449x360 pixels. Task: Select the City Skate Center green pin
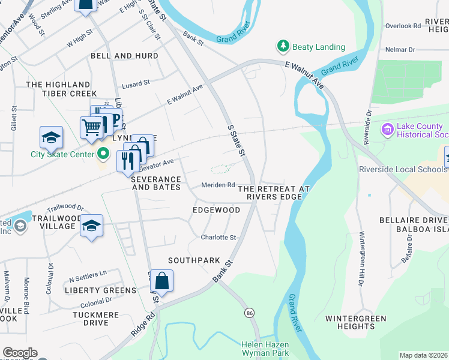pos(103,154)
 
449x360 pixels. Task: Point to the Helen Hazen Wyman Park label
pos(265,349)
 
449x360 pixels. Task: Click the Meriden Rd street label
pos(217,185)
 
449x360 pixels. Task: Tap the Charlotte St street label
pos(218,238)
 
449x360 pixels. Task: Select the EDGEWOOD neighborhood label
pos(216,210)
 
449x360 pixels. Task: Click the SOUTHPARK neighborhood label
pos(190,260)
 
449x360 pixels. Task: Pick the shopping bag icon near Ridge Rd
pos(161,280)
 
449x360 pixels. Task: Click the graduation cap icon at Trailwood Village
pos(91,226)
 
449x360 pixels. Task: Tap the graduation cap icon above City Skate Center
pos(51,137)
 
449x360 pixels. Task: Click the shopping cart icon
pos(91,127)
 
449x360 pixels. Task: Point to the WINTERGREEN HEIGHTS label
pos(356,322)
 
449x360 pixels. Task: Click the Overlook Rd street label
pos(403,26)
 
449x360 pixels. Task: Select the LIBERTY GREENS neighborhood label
pos(101,290)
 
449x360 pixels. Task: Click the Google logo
pos(20,353)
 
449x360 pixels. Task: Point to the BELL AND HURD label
pos(124,56)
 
